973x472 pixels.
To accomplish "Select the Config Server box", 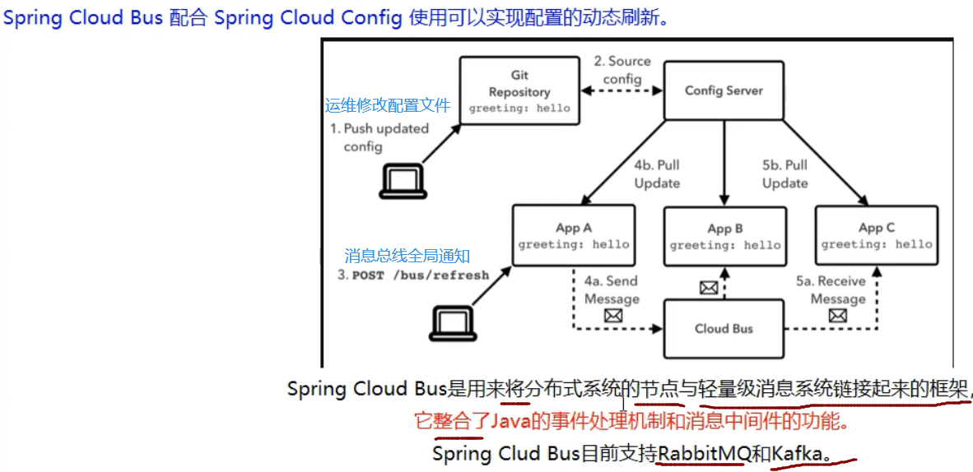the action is [x=724, y=90].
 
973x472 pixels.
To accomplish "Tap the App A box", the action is [x=574, y=236].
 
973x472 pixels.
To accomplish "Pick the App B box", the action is [x=724, y=236].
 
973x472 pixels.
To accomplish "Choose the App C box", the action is [x=876, y=236].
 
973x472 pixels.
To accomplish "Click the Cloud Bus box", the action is [x=724, y=329].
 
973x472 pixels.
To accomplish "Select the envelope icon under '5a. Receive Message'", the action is [x=838, y=317].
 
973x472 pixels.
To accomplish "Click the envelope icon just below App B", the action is [x=708, y=288].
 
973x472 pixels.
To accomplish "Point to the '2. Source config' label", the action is [x=622, y=70].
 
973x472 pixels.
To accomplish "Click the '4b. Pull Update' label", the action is [x=657, y=174].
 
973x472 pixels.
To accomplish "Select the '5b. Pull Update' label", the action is [x=785, y=174].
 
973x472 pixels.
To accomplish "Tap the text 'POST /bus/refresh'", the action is [x=421, y=275].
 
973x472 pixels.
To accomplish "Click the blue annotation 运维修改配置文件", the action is [x=388, y=105].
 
